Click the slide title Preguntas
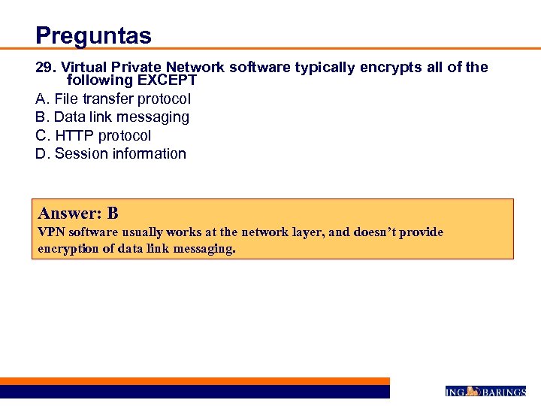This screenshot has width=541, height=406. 93,35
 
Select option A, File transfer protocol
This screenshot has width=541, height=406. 113,98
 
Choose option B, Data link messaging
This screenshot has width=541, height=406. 112,117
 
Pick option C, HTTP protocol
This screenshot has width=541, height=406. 93,135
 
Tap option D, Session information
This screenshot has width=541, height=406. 110,153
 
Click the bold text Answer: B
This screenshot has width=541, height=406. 78,213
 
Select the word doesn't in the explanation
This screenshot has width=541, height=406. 375,232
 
